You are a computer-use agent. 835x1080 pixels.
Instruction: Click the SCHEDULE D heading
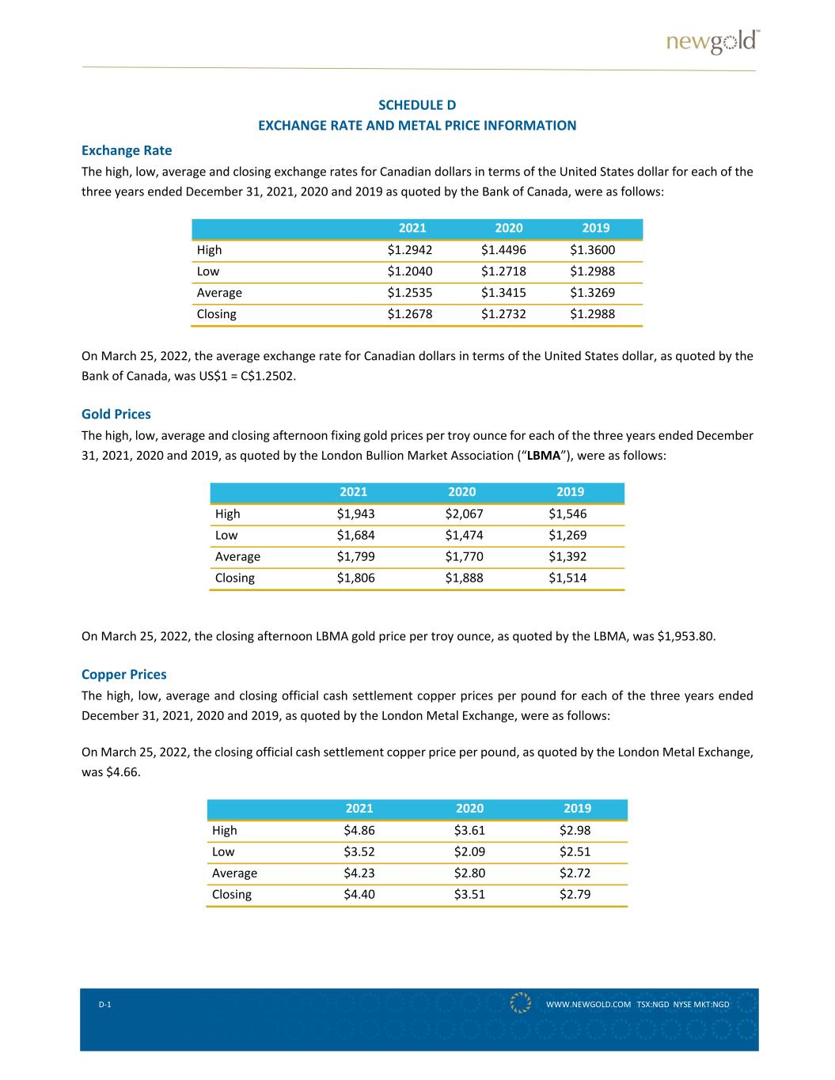(417, 105)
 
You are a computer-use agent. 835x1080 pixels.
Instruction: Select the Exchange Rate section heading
(127, 150)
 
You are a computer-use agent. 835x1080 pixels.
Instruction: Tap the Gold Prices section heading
(116, 414)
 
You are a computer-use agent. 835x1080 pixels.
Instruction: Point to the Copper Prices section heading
(124, 674)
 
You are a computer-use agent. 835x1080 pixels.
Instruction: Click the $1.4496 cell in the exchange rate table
(503, 250)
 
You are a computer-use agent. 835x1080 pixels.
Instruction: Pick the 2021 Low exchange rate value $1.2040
(410, 271)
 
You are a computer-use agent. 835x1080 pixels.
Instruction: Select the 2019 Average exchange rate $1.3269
(592, 293)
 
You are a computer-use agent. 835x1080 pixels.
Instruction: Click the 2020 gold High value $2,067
(464, 513)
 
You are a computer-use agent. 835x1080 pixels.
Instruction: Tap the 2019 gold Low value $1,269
(567, 535)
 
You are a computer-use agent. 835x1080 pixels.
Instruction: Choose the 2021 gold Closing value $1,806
(355, 578)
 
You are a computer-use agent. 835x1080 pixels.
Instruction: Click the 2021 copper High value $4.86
(359, 830)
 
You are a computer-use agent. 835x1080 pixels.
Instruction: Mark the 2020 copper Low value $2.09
(469, 851)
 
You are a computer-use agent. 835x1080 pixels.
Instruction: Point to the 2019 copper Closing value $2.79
(575, 894)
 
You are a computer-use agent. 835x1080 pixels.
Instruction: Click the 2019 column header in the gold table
(570, 491)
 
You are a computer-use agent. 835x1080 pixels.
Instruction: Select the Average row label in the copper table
(234, 873)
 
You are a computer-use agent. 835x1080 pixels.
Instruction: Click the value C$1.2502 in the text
(268, 376)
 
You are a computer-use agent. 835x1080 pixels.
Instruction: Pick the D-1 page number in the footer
(104, 1004)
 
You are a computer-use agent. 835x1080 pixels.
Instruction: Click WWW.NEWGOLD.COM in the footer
(588, 1004)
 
